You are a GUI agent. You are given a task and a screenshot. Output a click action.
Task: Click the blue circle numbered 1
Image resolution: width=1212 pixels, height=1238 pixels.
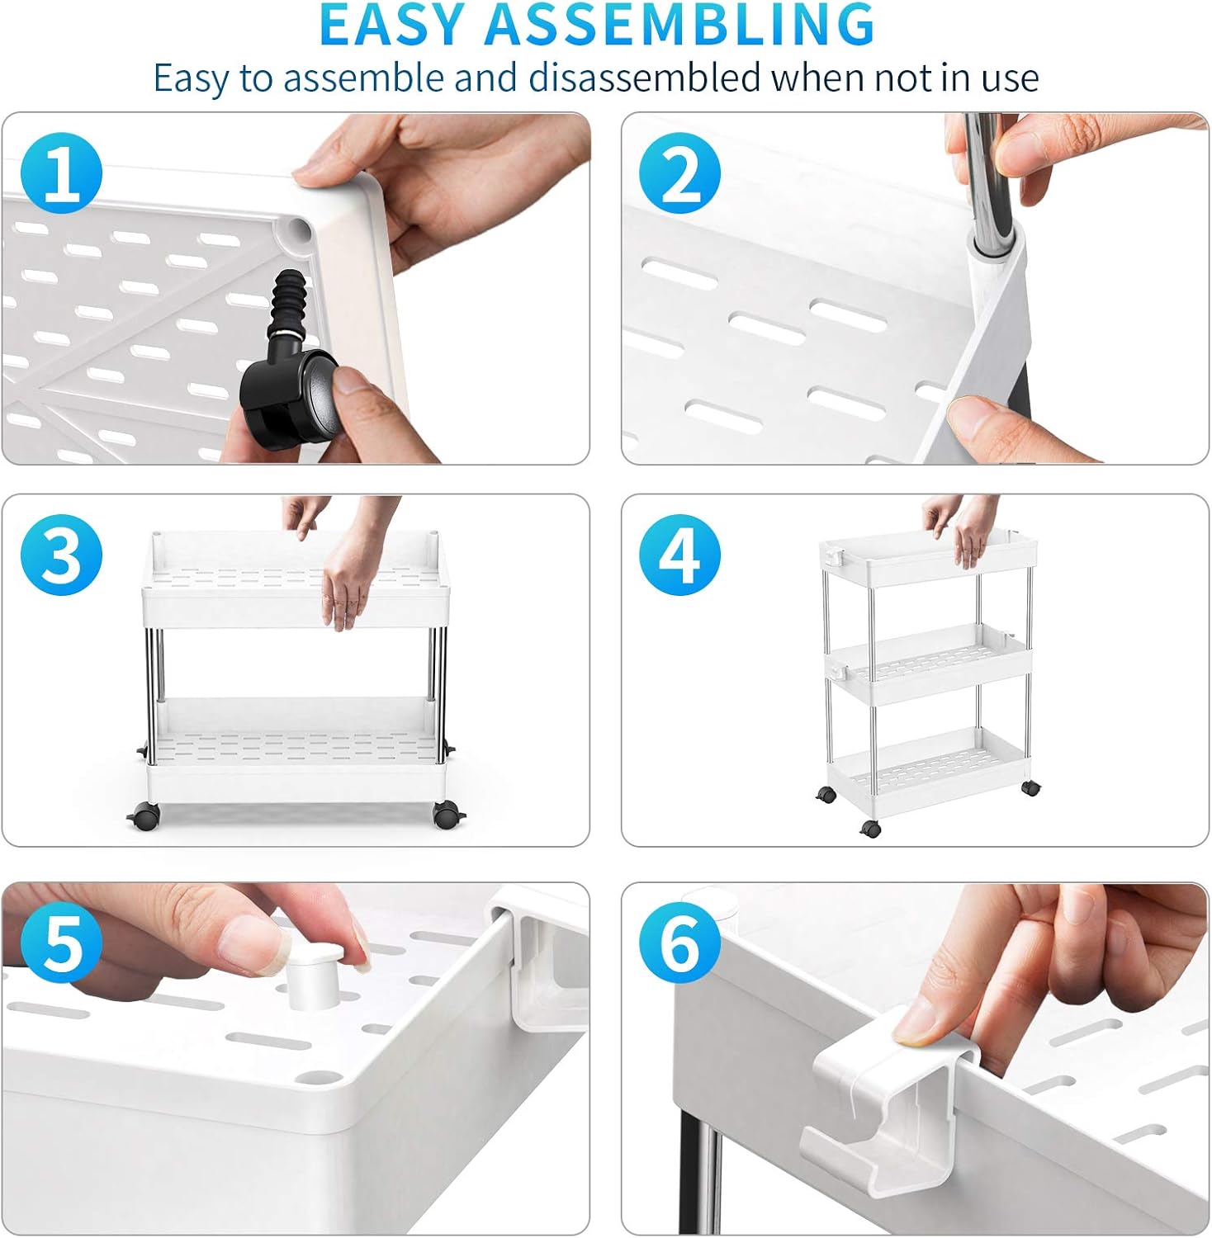61,173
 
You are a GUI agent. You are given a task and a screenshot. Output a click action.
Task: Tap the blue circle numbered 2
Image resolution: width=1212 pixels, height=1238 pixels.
679,173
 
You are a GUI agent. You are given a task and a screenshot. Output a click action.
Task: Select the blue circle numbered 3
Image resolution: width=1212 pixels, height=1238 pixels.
61,555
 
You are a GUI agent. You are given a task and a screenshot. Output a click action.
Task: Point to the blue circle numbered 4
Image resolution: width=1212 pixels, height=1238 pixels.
679,555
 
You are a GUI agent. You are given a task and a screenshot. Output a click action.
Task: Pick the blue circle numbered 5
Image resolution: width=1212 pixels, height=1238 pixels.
61,943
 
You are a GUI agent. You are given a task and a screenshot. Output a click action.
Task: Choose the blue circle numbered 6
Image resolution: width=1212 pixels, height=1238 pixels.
679,943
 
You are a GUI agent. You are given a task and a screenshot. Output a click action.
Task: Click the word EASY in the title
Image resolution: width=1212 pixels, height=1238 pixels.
392,25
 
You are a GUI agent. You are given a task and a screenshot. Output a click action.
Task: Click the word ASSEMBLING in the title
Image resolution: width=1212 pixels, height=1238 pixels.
679,25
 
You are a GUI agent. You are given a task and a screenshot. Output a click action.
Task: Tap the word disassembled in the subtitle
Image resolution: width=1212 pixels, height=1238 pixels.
644,78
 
